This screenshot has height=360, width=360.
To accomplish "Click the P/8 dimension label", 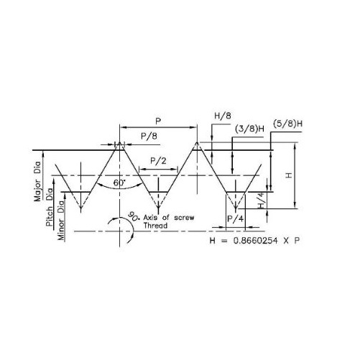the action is [x=149, y=137].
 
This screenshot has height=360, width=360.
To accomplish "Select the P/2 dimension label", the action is [x=158, y=161].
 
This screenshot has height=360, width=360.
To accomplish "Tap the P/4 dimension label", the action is [x=235, y=218].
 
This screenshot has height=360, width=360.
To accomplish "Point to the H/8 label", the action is [x=223, y=116].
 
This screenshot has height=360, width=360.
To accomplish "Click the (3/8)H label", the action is [x=249, y=129].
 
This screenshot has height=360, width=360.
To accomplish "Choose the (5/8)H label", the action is [x=287, y=124].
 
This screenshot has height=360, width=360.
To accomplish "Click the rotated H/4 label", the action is [x=262, y=200].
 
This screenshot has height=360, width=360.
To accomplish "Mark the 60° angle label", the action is [x=119, y=183].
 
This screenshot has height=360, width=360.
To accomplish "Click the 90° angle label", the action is [x=132, y=216].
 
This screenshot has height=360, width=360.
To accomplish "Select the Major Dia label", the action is [x=37, y=182].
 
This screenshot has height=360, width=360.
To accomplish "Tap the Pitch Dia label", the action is [x=50, y=208].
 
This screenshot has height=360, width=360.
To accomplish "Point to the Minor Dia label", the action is [x=61, y=221].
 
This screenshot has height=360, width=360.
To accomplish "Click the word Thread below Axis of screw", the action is [x=155, y=226].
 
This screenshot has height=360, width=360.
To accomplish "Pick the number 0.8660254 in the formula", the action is [x=255, y=241].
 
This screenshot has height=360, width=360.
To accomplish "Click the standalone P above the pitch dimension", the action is [x=158, y=121].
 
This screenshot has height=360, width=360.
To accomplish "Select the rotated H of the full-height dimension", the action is [x=289, y=175].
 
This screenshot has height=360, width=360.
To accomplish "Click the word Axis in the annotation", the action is [x=152, y=218].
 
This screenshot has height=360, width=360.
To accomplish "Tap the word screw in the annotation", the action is [x=184, y=218].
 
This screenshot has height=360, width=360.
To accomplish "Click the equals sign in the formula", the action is [x=224, y=241].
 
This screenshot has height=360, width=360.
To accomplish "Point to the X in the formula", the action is [x=286, y=241].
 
